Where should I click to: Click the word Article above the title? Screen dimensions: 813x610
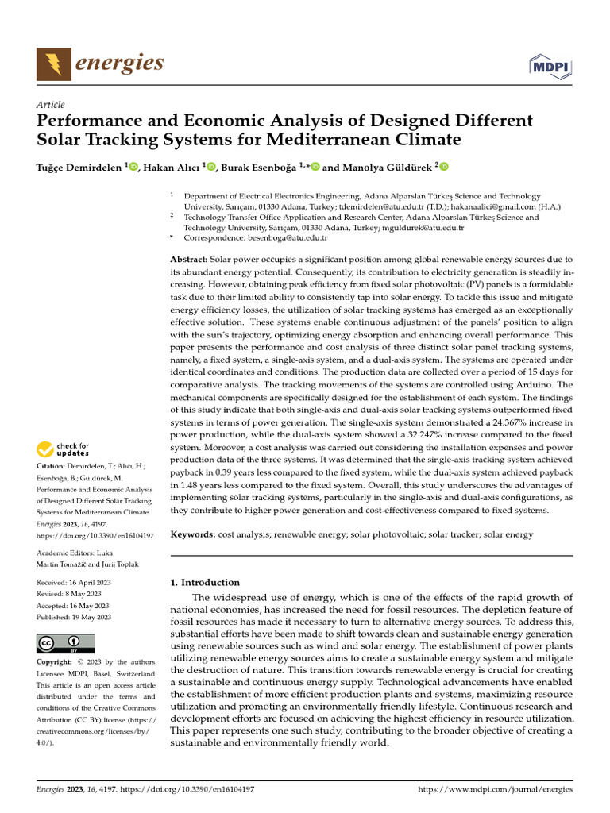tap(50, 105)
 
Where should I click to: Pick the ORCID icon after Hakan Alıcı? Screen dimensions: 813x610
tap(212, 167)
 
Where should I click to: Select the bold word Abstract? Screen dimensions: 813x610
tap(189, 260)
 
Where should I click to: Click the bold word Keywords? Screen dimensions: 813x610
tap(193, 535)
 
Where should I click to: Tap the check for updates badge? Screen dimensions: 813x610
tap(64, 450)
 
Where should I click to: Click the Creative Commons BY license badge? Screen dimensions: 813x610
tap(65, 643)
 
